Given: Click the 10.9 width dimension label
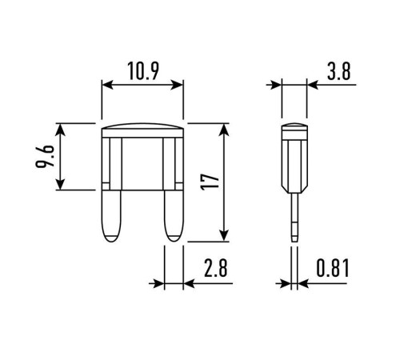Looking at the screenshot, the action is click(x=143, y=71).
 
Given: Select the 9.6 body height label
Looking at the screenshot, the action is click(x=45, y=156).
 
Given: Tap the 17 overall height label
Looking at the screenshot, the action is click(x=210, y=182).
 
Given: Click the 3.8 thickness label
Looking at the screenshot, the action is click(x=338, y=71).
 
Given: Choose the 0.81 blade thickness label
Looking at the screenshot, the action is click(x=333, y=268).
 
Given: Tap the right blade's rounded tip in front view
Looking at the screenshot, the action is click(x=174, y=238).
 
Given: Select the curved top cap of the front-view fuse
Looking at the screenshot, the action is click(x=142, y=126).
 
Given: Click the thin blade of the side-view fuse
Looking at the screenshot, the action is click(x=294, y=218).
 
